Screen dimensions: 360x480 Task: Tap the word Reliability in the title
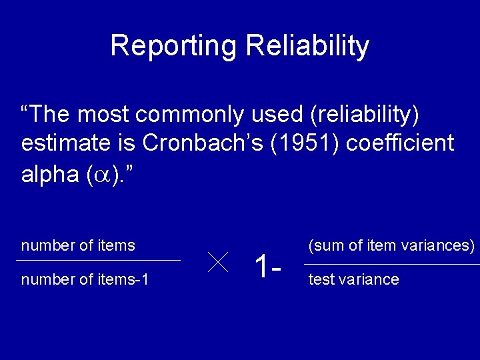tap(307, 46)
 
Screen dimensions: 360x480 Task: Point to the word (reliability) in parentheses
tap(365, 115)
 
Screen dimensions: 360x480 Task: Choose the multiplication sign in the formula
tap(217, 262)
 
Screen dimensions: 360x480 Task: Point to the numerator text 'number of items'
tap(78, 245)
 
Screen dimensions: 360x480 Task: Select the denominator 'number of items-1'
tap(85, 279)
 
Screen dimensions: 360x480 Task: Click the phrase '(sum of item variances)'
tap(391, 245)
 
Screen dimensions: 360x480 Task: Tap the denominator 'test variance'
tap(353, 279)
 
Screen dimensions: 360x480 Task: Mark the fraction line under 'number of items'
tap(100, 260)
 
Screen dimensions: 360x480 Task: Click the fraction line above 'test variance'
tap(391, 265)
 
